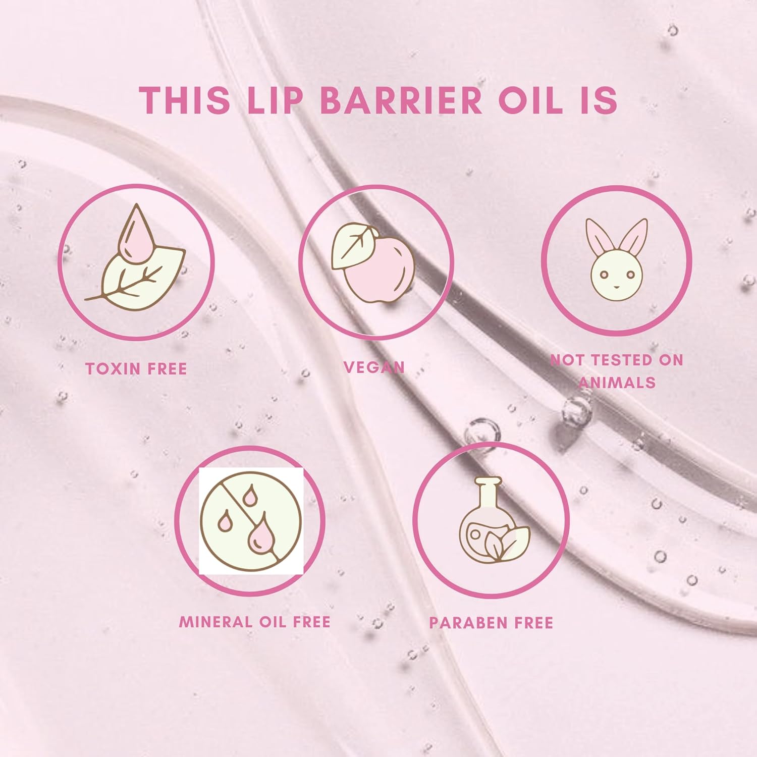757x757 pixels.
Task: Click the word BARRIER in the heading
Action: (x=402, y=100)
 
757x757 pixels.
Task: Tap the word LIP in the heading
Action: (x=277, y=100)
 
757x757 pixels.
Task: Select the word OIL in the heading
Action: (x=530, y=100)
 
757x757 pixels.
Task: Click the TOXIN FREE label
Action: (x=136, y=369)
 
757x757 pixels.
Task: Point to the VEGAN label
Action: (x=374, y=367)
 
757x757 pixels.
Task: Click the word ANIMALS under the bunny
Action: (x=617, y=382)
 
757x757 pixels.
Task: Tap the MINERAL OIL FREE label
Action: (x=255, y=622)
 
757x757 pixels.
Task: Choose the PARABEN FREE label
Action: (x=491, y=623)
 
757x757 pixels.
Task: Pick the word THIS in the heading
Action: (x=185, y=100)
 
